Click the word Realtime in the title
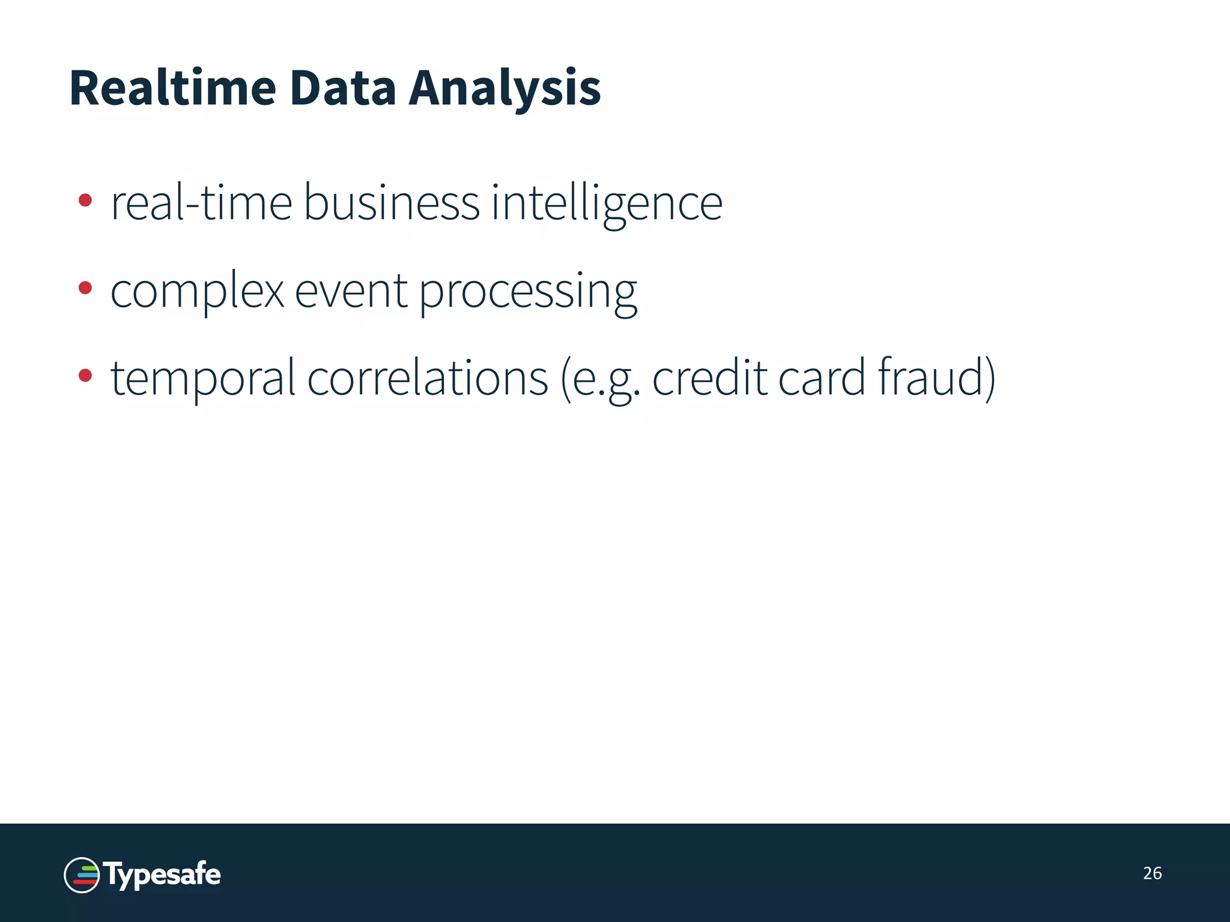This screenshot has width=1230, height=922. [x=173, y=88]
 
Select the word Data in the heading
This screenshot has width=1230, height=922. [x=342, y=88]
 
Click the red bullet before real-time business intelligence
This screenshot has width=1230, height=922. [x=85, y=200]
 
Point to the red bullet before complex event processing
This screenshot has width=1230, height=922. [x=85, y=288]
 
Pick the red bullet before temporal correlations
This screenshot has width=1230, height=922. [x=85, y=376]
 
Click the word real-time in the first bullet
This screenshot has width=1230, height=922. [x=201, y=203]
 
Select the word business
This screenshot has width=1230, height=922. [x=392, y=203]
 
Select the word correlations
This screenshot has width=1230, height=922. [x=428, y=378]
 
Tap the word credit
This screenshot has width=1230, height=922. [x=710, y=378]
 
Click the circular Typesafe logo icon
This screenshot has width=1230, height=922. [x=82, y=875]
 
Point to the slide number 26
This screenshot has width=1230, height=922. [x=1152, y=873]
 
